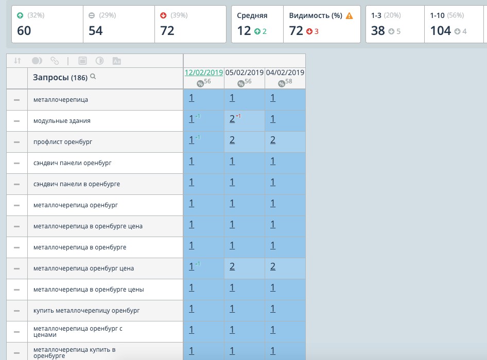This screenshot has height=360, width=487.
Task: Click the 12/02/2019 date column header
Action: [x=203, y=73]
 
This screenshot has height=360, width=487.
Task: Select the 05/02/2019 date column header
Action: [x=245, y=73]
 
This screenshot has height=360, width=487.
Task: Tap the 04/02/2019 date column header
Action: [x=285, y=73]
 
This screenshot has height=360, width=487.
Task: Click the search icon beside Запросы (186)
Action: [x=93, y=77]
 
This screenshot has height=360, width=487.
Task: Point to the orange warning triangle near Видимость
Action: [x=350, y=16]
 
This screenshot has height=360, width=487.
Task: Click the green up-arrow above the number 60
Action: [x=20, y=15]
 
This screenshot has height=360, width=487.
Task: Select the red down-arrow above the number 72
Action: [x=163, y=15]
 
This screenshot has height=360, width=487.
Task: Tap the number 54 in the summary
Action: [x=96, y=31]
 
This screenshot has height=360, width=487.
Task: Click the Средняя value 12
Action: [x=243, y=31]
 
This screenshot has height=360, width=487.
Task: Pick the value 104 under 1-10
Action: [x=440, y=31]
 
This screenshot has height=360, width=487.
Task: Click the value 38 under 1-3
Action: [x=378, y=31]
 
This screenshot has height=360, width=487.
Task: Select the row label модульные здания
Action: [x=62, y=121]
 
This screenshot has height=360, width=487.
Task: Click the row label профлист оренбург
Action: [x=63, y=142]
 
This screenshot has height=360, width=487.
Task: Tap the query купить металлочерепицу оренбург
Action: [x=86, y=311]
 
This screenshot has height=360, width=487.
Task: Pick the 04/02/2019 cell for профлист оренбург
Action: [x=273, y=140]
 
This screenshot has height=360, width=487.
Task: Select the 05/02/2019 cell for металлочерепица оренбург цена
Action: [x=232, y=266]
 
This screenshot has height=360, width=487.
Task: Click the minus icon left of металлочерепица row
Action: [x=17, y=100]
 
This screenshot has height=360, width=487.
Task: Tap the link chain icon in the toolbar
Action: [x=54, y=61]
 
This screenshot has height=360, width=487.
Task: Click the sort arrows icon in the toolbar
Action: [x=18, y=61]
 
